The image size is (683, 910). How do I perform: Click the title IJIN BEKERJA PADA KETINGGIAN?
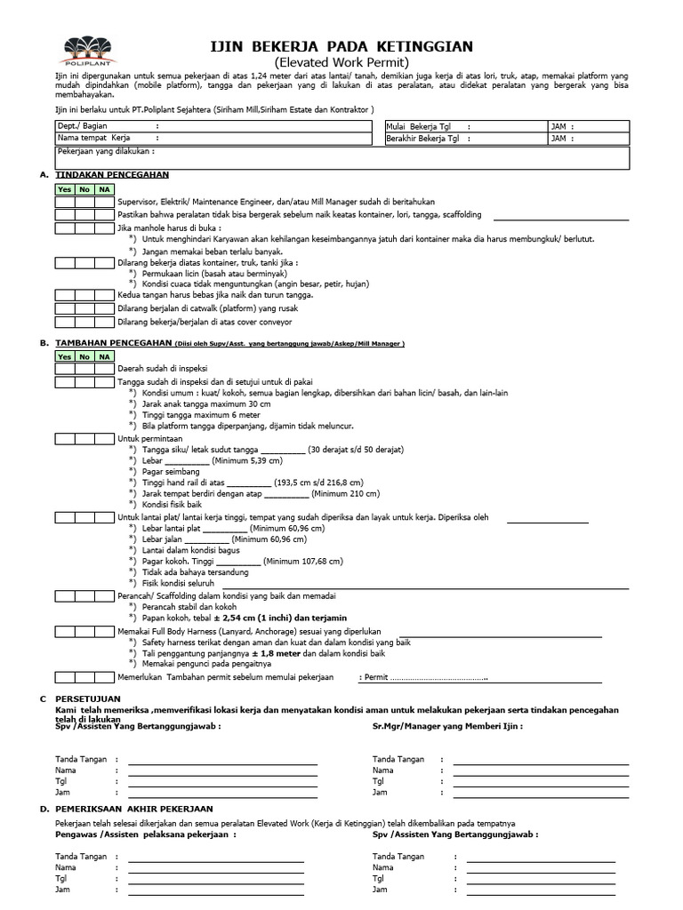[341, 46]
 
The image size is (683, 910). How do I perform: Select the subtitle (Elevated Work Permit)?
[341, 63]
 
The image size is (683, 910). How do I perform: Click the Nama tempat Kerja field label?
[93, 139]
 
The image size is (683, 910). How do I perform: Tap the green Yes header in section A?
[64, 189]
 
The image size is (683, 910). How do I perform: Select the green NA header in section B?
[104, 356]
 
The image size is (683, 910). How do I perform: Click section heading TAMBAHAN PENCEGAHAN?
[113, 342]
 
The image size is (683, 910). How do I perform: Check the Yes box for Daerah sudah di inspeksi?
[64, 369]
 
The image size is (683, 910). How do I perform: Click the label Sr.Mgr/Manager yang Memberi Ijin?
[447, 726]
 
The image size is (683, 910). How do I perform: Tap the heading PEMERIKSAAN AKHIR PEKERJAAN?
[133, 809]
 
